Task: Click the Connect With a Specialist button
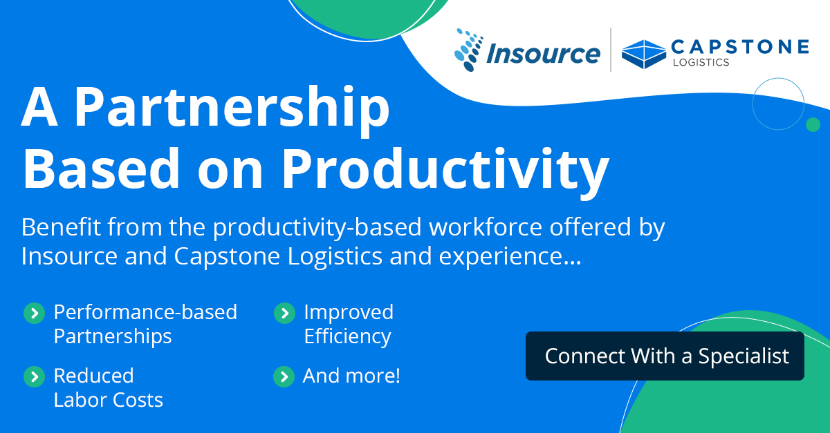[x=665, y=356]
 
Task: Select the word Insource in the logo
[x=542, y=54]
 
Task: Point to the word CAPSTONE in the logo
[x=739, y=46]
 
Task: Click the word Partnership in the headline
[x=232, y=108]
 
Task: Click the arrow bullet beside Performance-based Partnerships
[x=33, y=313]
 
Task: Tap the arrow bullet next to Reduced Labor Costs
[x=33, y=376]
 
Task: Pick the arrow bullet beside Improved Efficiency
[x=284, y=313]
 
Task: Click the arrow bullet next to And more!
[x=284, y=376]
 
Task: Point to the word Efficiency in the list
[x=347, y=337]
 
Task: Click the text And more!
[x=351, y=376]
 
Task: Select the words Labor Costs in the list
[x=109, y=400]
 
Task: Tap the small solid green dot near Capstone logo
[x=813, y=124]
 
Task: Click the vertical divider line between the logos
[x=611, y=50]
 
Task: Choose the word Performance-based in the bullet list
[x=145, y=312]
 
